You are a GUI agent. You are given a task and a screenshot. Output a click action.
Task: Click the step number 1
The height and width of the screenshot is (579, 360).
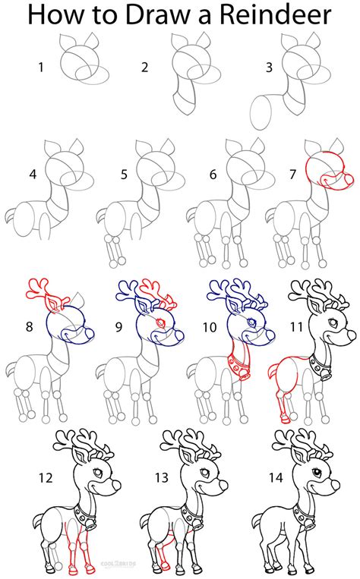coord(42,68)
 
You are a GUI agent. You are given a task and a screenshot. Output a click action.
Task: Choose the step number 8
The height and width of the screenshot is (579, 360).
coord(29,328)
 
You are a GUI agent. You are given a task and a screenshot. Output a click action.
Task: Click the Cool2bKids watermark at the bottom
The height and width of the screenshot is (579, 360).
coord(183,564)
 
